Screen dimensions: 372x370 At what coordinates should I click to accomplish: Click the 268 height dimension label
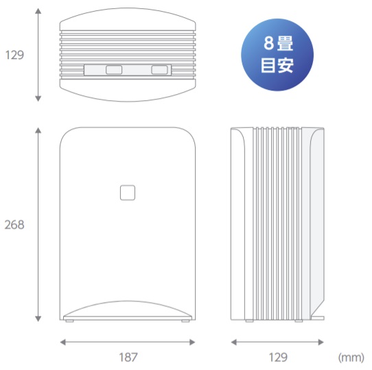pyautogui.click(x=14, y=224)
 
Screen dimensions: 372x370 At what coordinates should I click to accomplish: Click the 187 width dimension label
pyautogui.click(x=128, y=357)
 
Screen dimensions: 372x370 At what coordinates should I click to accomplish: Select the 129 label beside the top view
pyautogui.click(x=14, y=55)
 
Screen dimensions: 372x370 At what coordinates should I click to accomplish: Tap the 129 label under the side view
pyautogui.click(x=278, y=357)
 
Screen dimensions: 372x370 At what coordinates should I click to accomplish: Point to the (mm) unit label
pyautogui.click(x=351, y=358)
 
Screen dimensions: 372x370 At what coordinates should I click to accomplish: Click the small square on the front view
pyautogui.click(x=128, y=193)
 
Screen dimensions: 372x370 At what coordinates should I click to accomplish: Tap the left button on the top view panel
pyautogui.click(x=114, y=70)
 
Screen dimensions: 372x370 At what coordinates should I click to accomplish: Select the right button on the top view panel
pyautogui.click(x=159, y=70)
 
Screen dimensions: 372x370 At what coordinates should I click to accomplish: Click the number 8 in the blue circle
pyautogui.click(x=269, y=43)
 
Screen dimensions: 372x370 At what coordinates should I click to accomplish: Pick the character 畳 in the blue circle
pyautogui.click(x=285, y=43)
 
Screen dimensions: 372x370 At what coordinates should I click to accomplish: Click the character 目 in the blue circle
pyautogui.click(x=268, y=65)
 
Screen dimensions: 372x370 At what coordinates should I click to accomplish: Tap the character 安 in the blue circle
pyautogui.click(x=286, y=65)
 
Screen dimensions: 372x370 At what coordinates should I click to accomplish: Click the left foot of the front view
pyautogui.click(x=69, y=321)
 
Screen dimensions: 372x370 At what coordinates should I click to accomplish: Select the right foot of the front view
pyautogui.click(x=185, y=321)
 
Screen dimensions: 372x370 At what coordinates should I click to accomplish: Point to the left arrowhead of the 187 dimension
pyautogui.click(x=63, y=343)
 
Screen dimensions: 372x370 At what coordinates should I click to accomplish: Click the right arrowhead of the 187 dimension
pyautogui.click(x=192, y=343)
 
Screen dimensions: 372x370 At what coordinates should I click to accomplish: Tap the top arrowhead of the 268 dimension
pyautogui.click(x=38, y=130)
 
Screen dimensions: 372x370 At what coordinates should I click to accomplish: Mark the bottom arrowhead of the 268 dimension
pyautogui.click(x=38, y=319)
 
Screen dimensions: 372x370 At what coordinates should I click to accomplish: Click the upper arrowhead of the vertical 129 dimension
pyautogui.click(x=38, y=11)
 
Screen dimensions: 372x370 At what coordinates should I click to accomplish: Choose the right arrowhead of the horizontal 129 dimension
pyautogui.click(x=321, y=343)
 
